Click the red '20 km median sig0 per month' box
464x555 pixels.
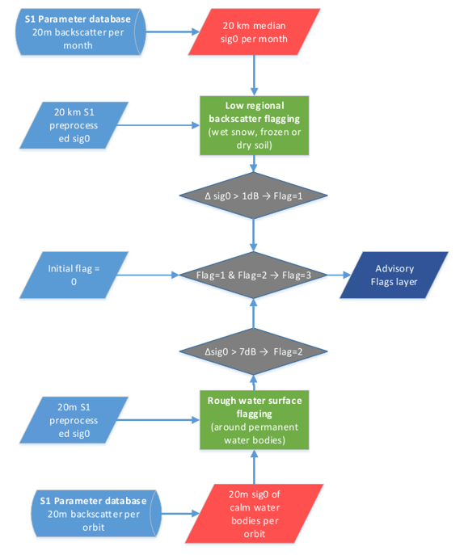point(255,33)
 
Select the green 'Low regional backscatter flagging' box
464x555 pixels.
point(255,124)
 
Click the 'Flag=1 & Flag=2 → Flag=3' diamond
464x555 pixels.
point(255,275)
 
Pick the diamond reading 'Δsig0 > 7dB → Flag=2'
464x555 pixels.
point(255,351)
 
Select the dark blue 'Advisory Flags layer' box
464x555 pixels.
point(394,275)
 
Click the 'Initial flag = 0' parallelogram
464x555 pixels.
point(74,275)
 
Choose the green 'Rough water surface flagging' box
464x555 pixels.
point(255,419)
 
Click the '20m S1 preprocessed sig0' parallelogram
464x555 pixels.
point(74,420)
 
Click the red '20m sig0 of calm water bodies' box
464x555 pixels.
point(255,512)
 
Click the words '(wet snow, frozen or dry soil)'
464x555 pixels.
point(255,138)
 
